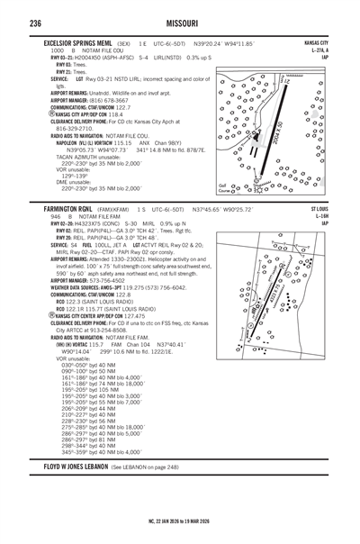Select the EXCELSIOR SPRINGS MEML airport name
77,42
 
